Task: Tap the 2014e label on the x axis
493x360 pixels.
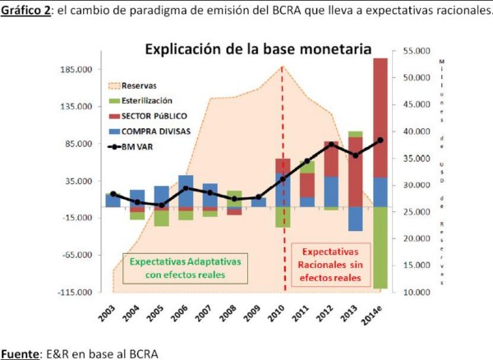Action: (x=376, y=316)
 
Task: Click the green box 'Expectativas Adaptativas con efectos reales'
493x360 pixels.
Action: (x=186, y=266)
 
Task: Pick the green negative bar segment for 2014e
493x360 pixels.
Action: (x=380, y=247)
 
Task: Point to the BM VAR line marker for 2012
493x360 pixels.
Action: (x=331, y=145)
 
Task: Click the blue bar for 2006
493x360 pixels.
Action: (x=186, y=191)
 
